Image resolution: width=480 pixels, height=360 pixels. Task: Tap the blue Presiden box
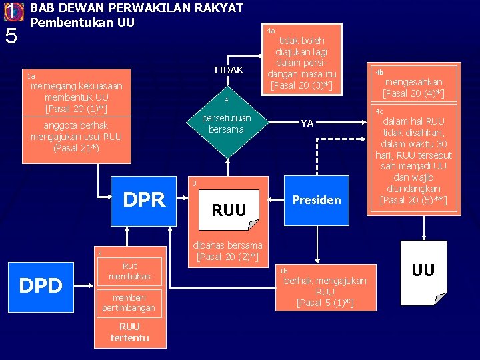pyautogui.click(x=317, y=199)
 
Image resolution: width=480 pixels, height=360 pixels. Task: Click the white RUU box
pyautogui.click(x=229, y=211)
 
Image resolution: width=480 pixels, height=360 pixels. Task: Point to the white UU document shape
pyautogui.click(x=423, y=270)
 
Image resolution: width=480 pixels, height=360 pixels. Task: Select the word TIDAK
pyautogui.click(x=228, y=70)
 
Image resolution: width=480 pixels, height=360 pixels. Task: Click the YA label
pyautogui.click(x=307, y=123)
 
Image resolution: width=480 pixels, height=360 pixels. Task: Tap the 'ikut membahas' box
pyautogui.click(x=129, y=271)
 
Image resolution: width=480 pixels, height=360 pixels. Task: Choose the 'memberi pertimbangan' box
pyautogui.click(x=129, y=302)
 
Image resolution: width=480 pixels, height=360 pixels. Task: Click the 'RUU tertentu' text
pyautogui.click(x=129, y=332)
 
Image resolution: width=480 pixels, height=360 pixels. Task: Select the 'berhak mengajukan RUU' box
pyautogui.click(x=325, y=287)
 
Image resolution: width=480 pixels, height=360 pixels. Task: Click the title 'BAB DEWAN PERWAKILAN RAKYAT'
pyautogui.click(x=137, y=8)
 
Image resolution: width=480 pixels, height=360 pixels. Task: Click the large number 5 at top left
pyautogui.click(x=11, y=37)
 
